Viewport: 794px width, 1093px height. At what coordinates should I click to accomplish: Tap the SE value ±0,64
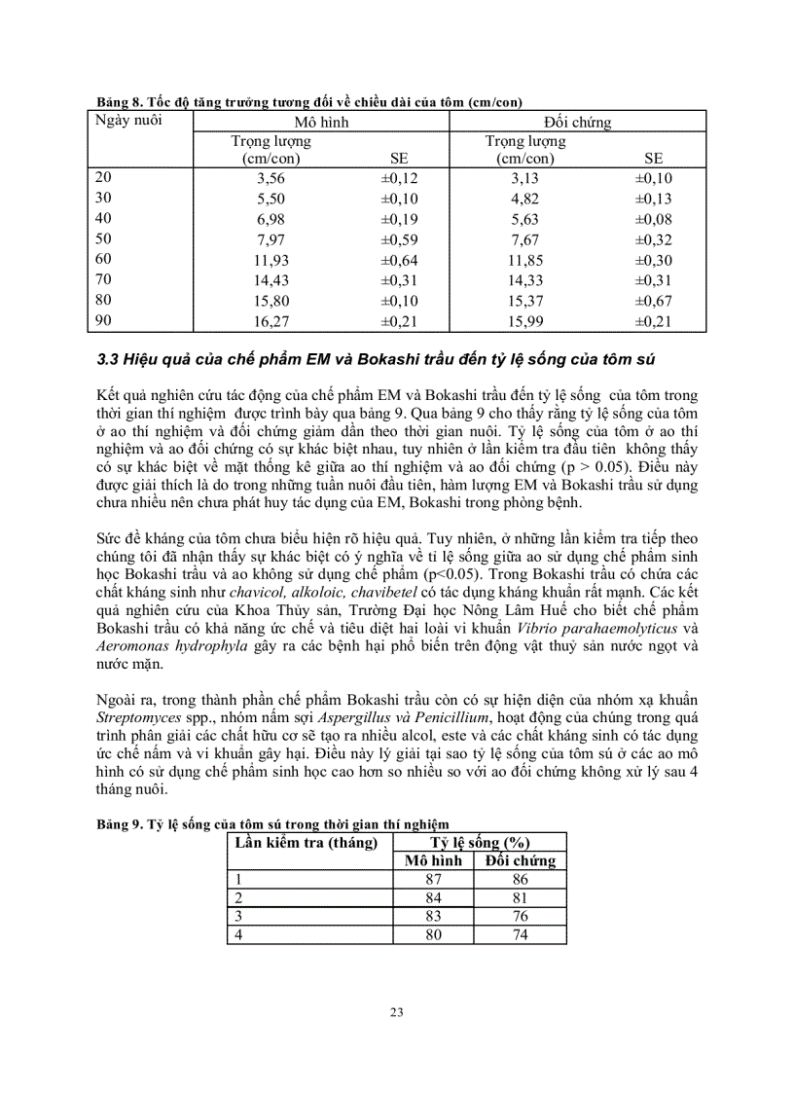tap(399, 260)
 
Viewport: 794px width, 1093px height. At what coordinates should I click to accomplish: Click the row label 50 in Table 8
tap(103, 238)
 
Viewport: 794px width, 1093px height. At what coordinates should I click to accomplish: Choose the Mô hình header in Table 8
tap(321, 124)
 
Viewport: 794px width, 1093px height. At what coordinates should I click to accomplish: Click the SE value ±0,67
tap(654, 301)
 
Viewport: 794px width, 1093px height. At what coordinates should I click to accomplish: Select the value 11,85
tap(525, 260)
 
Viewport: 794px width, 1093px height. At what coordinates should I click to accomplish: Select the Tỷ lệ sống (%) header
tap(480, 842)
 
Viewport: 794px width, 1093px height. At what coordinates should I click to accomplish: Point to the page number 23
tap(397, 1012)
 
